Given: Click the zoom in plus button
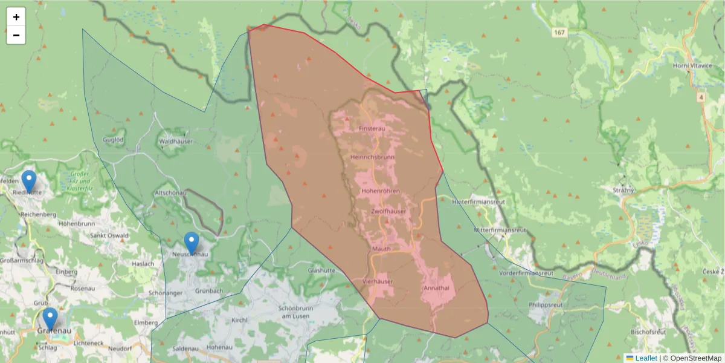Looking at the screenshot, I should click(x=16, y=17).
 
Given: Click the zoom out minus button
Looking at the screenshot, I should click(x=16, y=35).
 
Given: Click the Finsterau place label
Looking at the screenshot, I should click(x=372, y=129).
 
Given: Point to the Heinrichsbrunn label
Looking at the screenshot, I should click(x=372, y=157).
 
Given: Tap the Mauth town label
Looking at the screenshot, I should click(x=381, y=249).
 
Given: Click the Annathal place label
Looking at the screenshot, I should click(x=436, y=288).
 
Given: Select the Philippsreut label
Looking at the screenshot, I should click(x=546, y=305).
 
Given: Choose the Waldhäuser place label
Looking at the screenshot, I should click(x=175, y=141).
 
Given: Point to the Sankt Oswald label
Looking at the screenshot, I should click(x=109, y=235).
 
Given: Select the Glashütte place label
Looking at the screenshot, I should click(x=321, y=270).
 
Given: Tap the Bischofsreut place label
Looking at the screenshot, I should click(x=648, y=332).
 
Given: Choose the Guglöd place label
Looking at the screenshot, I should click(x=114, y=139).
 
